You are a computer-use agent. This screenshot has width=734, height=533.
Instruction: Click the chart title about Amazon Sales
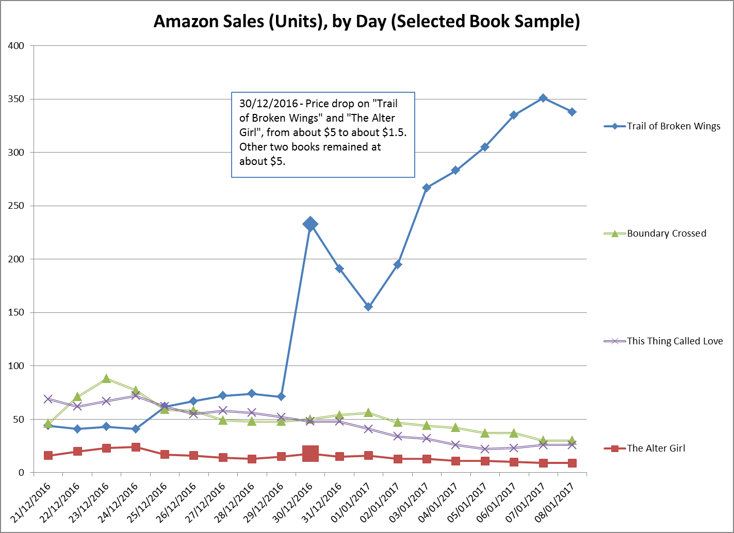point(367,21)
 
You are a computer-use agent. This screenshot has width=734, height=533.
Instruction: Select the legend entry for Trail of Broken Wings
point(673,126)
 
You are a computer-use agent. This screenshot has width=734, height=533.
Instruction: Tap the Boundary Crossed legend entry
point(666,234)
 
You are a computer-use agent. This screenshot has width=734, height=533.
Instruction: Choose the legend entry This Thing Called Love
point(675,341)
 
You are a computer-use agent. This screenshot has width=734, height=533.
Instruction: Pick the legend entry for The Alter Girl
point(656,448)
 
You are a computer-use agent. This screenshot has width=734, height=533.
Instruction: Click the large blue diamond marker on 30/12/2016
point(310,224)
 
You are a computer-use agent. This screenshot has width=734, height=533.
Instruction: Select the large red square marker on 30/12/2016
point(310,454)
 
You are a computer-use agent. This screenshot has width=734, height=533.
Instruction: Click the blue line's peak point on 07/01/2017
point(543,98)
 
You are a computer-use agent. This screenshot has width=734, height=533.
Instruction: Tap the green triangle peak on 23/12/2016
point(106,379)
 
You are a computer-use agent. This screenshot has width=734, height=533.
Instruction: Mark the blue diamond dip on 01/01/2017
point(368,307)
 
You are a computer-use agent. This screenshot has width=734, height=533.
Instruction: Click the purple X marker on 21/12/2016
point(48,399)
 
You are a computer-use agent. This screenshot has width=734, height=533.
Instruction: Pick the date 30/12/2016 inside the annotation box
point(268,104)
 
